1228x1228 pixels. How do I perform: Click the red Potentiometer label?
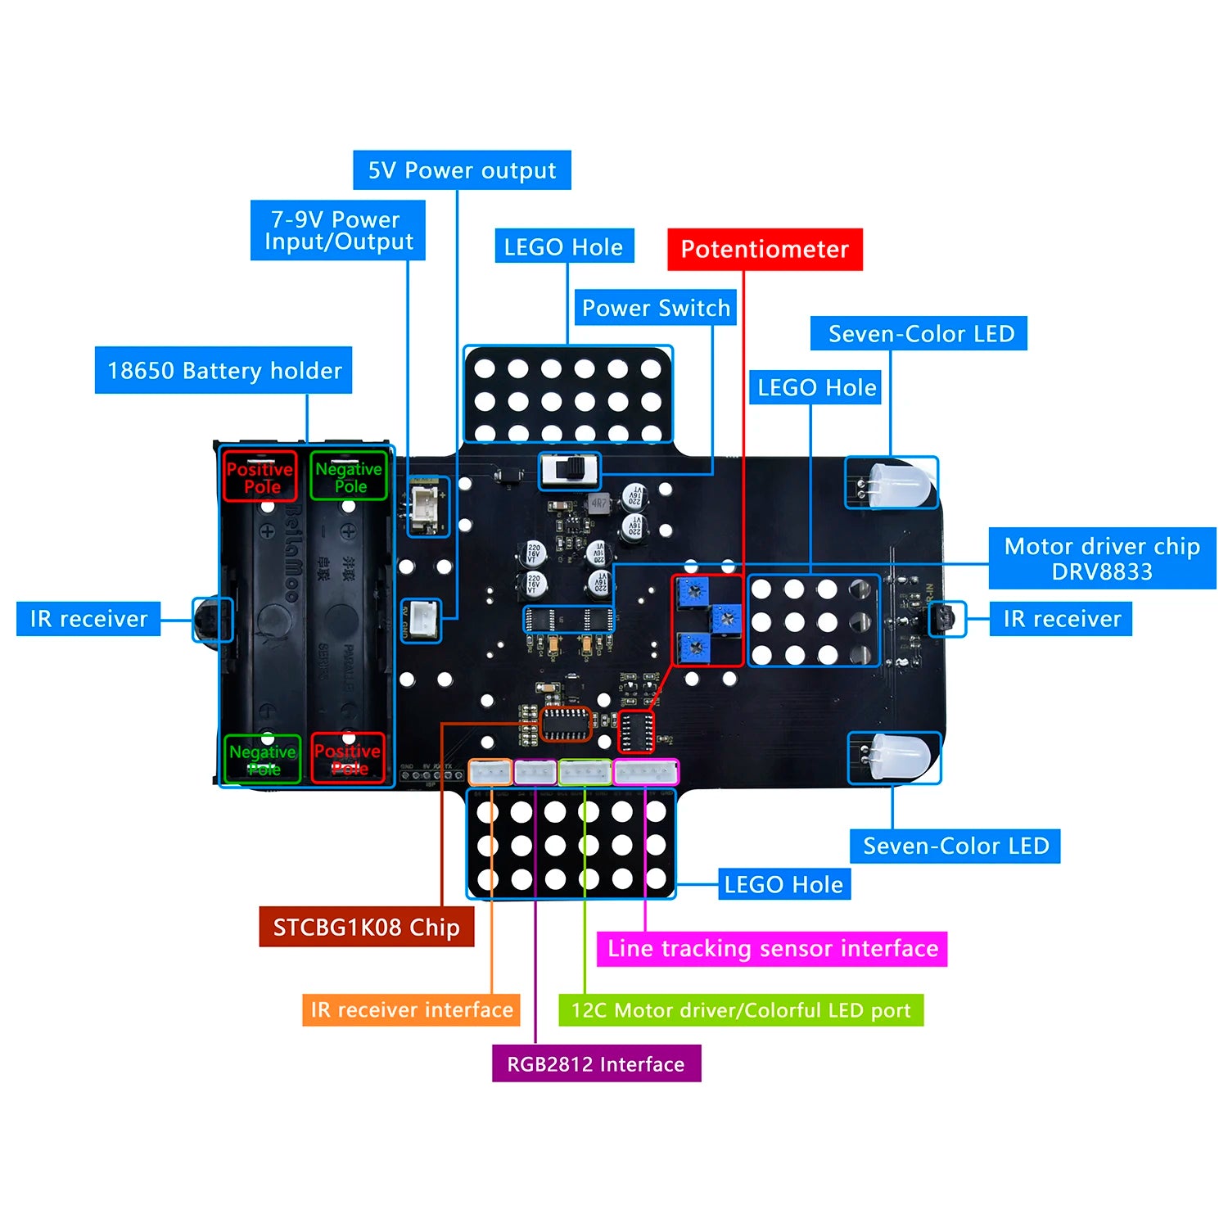765,249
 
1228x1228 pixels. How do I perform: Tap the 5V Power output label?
462,170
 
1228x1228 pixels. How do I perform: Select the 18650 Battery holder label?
223,370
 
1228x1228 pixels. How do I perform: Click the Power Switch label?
655,308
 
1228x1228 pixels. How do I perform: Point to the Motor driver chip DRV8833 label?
1102,558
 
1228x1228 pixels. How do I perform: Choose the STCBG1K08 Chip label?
366,928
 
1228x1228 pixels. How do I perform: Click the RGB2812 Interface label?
596,1063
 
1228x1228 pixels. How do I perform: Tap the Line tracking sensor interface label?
772,949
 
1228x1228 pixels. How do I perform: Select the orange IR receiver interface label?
411,1009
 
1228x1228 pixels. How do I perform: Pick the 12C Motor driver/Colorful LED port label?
741,1010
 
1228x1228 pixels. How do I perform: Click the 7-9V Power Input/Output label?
337,230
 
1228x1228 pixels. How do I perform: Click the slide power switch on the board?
570,472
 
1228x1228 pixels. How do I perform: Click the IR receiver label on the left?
88,619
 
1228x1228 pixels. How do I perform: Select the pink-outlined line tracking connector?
646,772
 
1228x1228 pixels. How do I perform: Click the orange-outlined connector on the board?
490,772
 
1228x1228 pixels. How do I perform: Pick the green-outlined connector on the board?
584,772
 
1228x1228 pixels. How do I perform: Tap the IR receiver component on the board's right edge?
944,619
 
